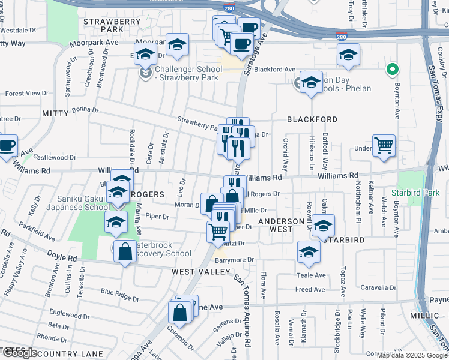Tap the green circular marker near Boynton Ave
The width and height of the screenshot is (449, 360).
(x=392, y=70)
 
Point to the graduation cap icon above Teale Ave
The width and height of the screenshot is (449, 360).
(x=309, y=252)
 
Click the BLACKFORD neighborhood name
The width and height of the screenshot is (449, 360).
(x=312, y=119)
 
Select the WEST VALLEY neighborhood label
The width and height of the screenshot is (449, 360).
(x=200, y=272)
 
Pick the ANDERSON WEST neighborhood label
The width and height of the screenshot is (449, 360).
(x=282, y=226)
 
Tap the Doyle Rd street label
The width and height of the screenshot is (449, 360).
(x=64, y=258)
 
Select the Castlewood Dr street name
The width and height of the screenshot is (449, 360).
(x=55, y=158)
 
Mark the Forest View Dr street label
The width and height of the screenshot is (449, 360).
(x=26, y=94)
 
